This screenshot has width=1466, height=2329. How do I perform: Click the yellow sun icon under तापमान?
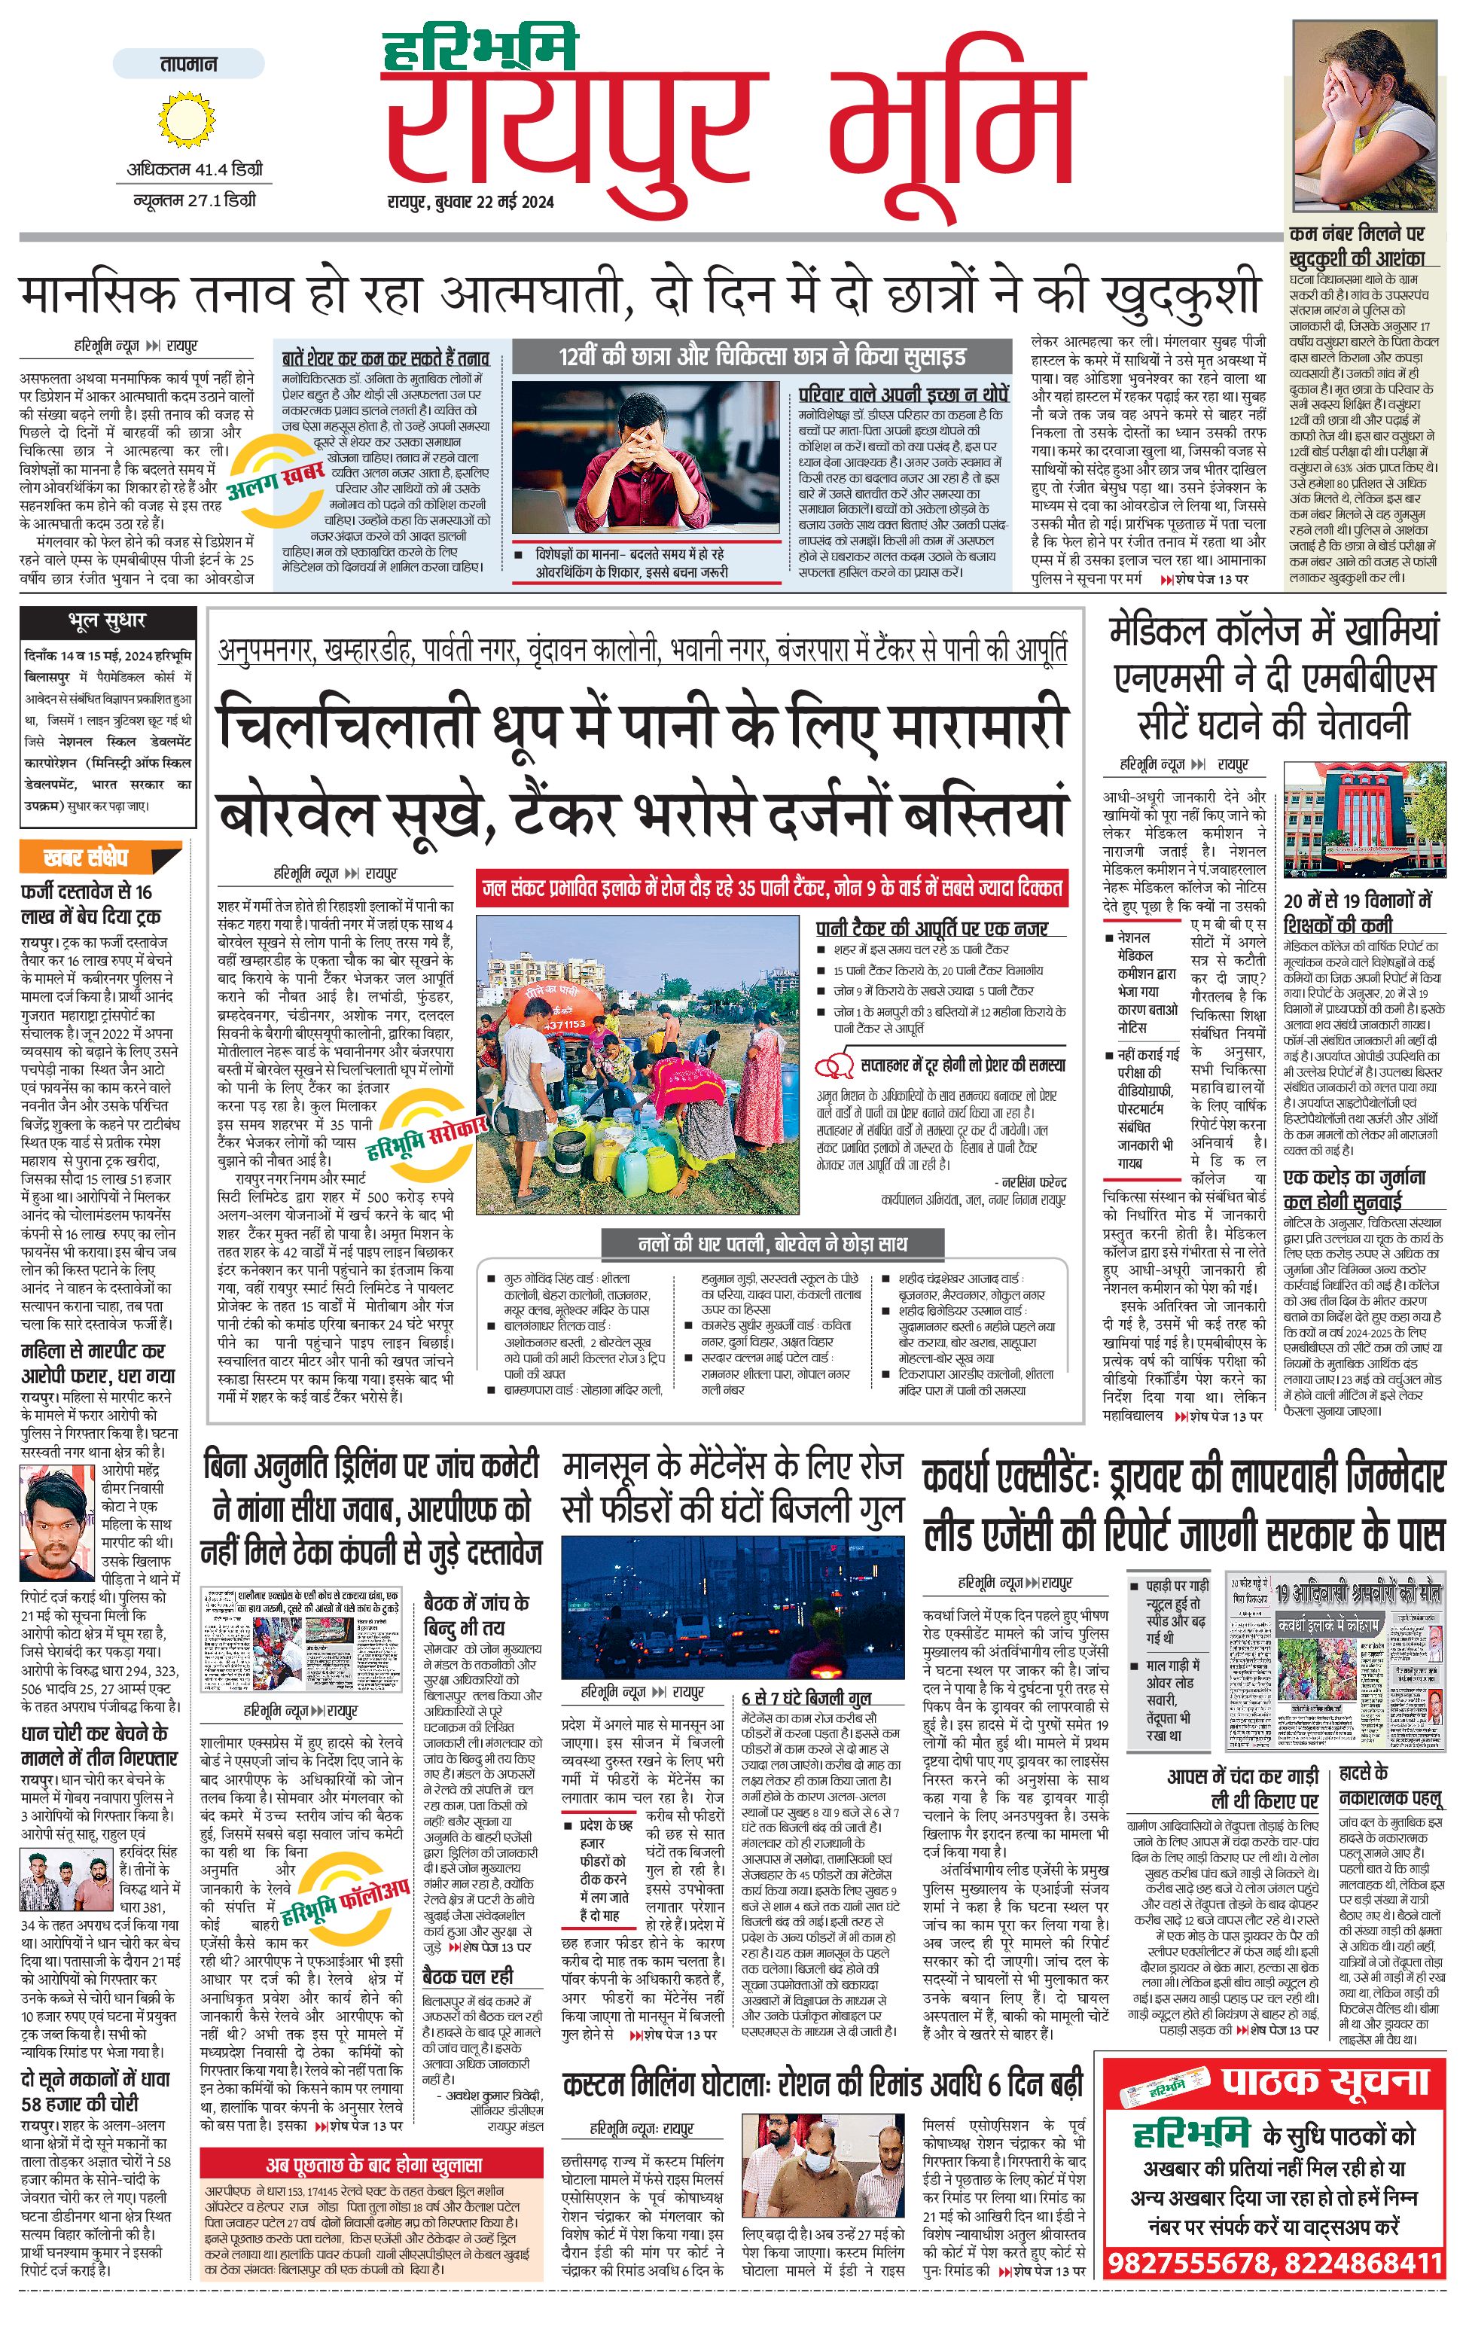tap(184, 119)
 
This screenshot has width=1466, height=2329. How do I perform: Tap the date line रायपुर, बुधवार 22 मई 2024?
tap(470, 202)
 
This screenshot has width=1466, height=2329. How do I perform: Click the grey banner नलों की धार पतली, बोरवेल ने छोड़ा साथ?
tap(773, 1244)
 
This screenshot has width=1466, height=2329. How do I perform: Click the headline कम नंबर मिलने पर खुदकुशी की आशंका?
tap(1357, 245)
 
